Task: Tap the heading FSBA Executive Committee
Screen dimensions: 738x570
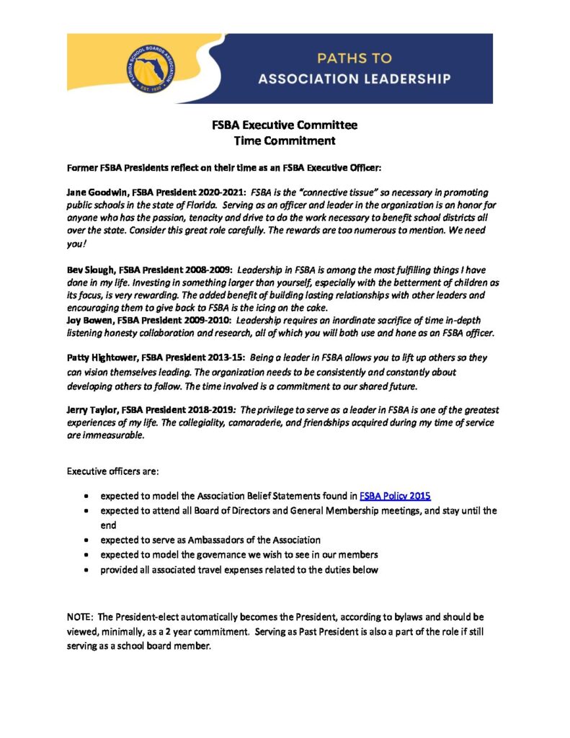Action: point(285,125)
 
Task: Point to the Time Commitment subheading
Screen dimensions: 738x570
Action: point(285,141)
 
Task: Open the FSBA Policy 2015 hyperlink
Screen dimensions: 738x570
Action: point(395,495)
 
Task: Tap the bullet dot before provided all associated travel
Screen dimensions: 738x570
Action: point(86,570)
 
